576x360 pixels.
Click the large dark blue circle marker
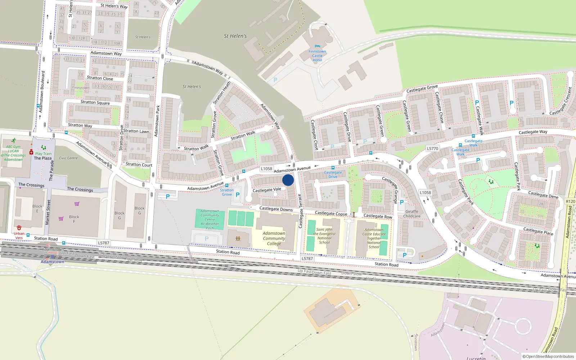tap(288, 180)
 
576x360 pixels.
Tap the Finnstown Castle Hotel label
tap(317, 56)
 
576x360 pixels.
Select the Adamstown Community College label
tap(274, 238)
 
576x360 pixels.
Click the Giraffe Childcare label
tap(412, 214)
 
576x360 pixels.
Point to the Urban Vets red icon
tap(19, 228)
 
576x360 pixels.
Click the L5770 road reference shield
tap(432, 148)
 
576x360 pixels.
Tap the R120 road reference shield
tap(570, 202)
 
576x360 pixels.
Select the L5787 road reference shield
tap(104, 243)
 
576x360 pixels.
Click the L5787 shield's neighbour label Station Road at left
tap(46, 239)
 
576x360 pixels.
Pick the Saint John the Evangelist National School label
tap(324, 236)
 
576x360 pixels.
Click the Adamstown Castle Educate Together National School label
tap(374, 238)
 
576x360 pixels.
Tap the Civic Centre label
tap(68, 158)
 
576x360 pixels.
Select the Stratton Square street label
tap(95, 102)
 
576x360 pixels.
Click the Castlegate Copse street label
tap(331, 213)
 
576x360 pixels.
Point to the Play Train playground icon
tap(44, 148)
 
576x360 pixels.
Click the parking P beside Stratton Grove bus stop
tap(238, 195)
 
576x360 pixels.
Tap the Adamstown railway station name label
tap(52, 262)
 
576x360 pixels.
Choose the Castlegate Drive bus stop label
tap(333, 175)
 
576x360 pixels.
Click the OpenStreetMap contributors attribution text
tap(548, 356)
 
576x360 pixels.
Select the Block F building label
tap(74, 219)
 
